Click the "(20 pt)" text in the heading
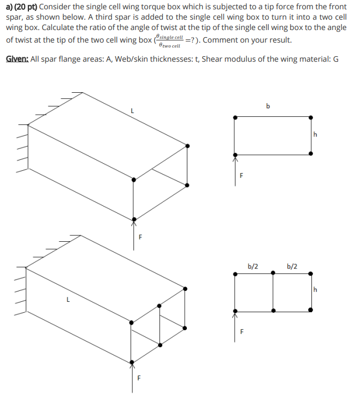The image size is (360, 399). (x=27, y=7)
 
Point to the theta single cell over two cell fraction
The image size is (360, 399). (x=169, y=40)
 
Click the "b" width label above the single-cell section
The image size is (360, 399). (x=268, y=106)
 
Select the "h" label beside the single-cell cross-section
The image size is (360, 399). (x=315, y=134)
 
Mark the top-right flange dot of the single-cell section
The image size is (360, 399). (x=311, y=117)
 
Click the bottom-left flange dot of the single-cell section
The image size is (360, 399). (x=235, y=154)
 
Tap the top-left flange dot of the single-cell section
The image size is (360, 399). (x=235, y=117)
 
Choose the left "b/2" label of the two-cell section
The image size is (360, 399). (x=253, y=266)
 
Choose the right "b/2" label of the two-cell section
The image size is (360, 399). (x=292, y=266)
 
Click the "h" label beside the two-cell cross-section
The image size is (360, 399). (x=315, y=289)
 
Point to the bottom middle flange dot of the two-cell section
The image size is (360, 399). (x=273, y=310)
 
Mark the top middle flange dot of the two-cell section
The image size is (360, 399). (x=273, y=273)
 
